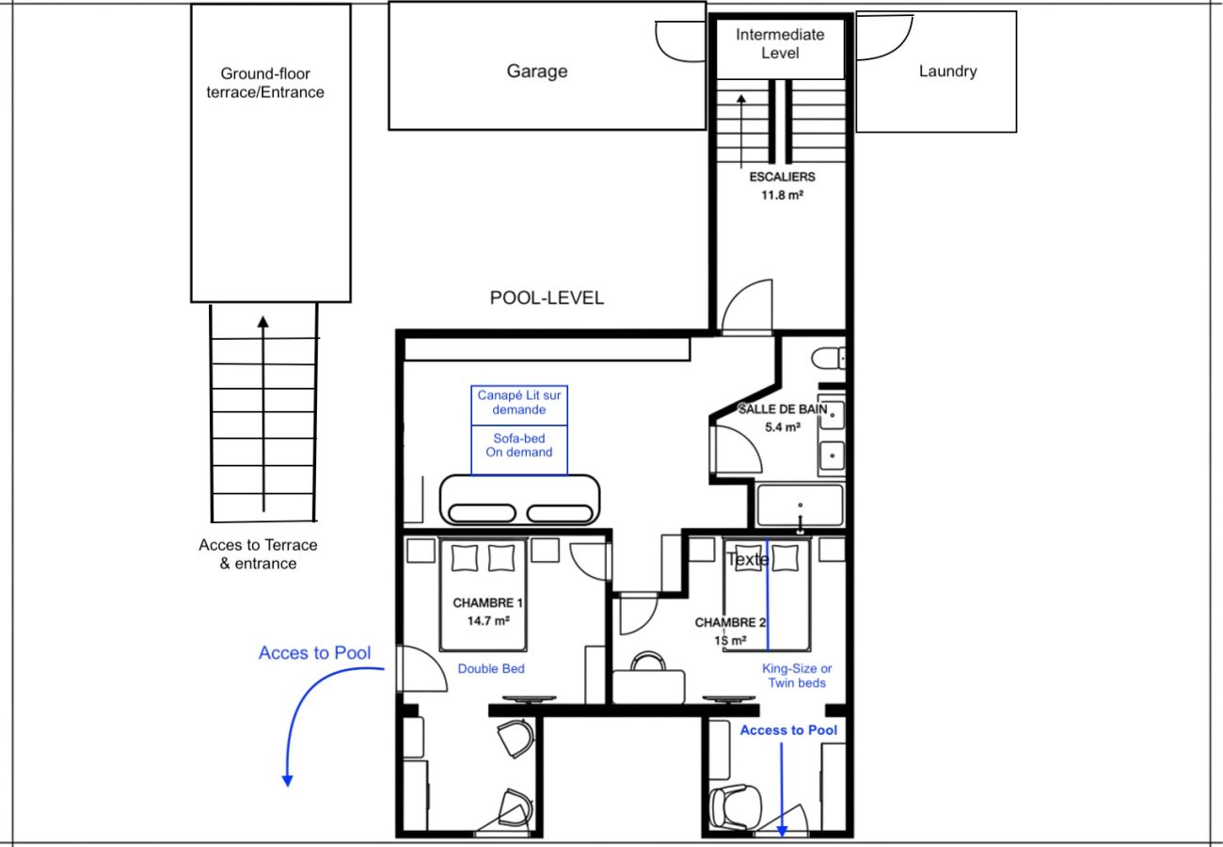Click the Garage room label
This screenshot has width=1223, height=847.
(536, 71)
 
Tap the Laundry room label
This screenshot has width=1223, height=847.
(947, 71)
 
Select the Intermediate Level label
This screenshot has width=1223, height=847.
(780, 43)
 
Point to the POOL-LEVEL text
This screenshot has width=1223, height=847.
(547, 297)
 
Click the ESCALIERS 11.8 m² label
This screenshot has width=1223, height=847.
(782, 185)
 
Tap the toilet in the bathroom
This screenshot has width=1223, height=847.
(829, 359)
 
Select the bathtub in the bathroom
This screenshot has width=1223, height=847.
(800, 505)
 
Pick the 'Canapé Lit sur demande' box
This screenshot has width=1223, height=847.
(519, 406)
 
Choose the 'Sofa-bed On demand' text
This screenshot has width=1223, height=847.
(519, 445)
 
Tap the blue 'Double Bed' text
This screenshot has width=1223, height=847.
(491, 668)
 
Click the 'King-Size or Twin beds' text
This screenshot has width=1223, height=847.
(797, 676)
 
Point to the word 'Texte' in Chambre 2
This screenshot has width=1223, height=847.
(748, 559)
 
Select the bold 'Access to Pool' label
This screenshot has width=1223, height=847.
(788, 730)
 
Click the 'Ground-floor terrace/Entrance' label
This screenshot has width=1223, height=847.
(265, 83)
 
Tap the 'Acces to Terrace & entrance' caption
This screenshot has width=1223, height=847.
(258, 554)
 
